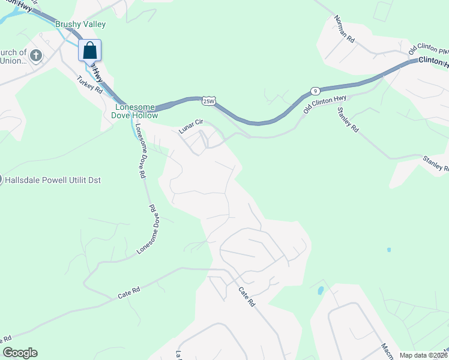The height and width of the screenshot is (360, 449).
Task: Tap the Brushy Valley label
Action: (x=80, y=25)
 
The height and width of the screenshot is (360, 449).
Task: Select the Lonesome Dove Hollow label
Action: (x=136, y=111)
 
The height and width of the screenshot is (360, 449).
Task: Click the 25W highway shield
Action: (x=208, y=101)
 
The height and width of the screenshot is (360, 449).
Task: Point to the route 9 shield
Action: (x=315, y=91)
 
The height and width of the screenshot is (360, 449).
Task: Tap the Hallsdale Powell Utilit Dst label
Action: (x=45, y=179)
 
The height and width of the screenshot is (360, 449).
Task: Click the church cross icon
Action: (x=35, y=56)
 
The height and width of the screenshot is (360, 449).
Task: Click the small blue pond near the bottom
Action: (x=320, y=290)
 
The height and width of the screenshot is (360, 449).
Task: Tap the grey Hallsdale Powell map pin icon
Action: (x=1, y=179)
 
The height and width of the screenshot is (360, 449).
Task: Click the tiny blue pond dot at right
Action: (x=389, y=249)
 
